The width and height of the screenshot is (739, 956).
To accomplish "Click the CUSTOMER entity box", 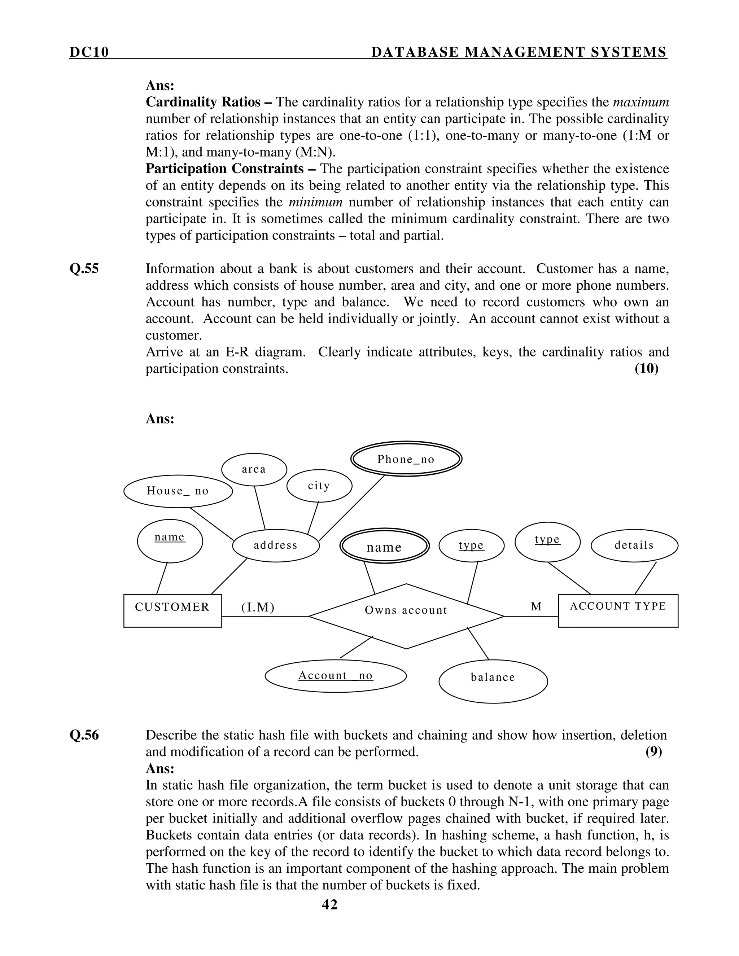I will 172,611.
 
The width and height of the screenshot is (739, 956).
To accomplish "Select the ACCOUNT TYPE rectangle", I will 618,611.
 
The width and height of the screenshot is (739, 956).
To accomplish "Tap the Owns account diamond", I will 406,616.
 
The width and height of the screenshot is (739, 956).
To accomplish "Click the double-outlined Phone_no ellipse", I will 406,459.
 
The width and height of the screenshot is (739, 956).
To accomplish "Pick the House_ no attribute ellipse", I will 178,491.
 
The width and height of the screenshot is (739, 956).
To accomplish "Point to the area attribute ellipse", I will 254,469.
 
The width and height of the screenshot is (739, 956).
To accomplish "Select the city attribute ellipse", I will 319,486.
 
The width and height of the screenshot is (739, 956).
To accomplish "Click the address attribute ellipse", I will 276,545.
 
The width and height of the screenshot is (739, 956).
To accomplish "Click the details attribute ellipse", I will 634,545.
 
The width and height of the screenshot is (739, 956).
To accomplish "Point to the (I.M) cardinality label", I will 258,607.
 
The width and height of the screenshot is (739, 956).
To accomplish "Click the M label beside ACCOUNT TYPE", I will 536,607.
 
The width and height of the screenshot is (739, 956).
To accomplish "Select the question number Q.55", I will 84,269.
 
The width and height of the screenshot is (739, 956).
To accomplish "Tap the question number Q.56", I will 84,735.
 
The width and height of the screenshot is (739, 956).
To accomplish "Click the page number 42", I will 330,904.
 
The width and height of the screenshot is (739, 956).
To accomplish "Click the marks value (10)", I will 646,369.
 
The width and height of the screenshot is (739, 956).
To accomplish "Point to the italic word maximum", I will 641,102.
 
